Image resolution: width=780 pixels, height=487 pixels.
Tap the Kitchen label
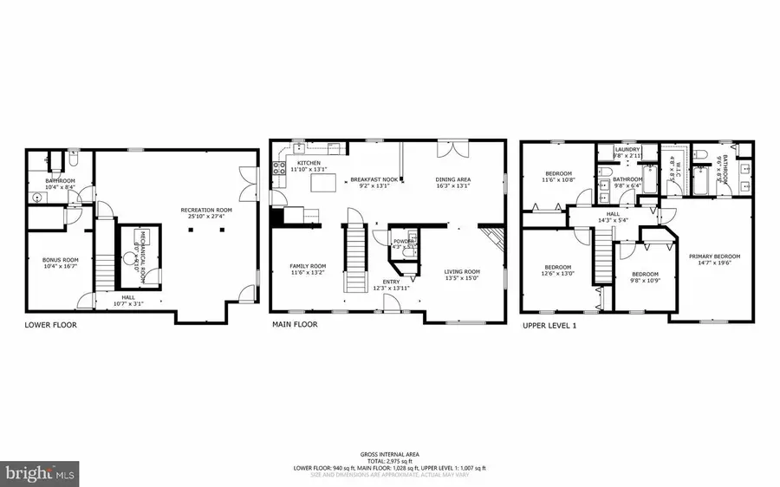[x=309, y=163]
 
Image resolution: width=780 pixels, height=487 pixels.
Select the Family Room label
[x=307, y=266]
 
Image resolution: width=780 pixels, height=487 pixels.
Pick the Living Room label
[x=462, y=271]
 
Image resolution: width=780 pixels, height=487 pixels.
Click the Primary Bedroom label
[x=714, y=256]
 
